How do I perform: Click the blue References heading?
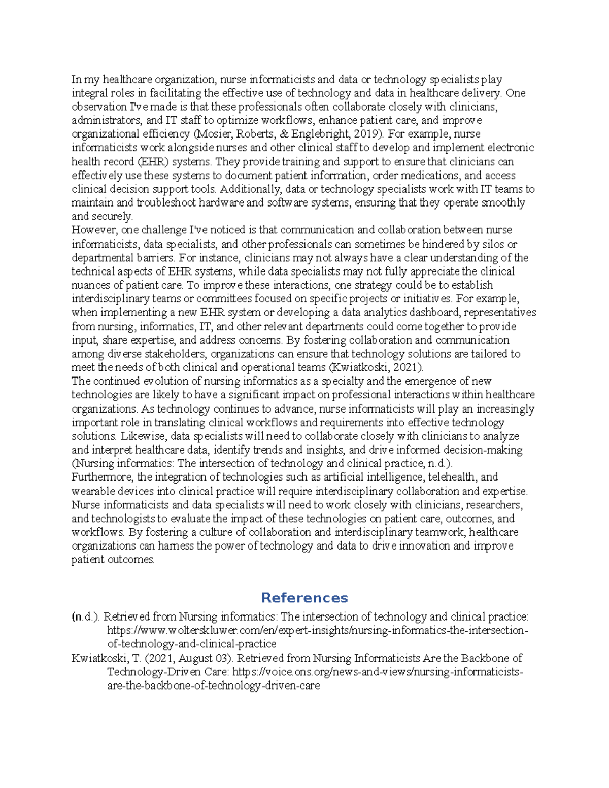click(304, 597)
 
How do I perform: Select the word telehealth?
click(452, 477)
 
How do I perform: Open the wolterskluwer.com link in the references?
click(318, 631)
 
